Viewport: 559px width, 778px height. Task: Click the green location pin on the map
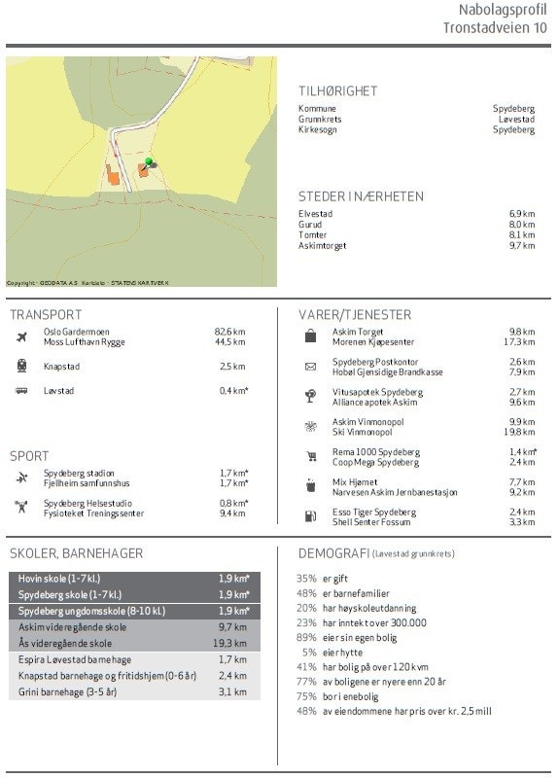(149, 162)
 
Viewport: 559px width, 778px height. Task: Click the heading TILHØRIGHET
(337, 91)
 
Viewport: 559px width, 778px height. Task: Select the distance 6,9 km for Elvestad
(522, 214)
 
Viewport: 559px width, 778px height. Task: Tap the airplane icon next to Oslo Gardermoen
(21, 336)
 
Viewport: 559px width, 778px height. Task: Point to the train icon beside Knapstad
(21, 367)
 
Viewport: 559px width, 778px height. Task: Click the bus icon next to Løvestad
(21, 391)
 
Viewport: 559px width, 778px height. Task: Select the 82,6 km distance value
(229, 332)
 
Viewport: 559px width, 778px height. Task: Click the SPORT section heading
(29, 456)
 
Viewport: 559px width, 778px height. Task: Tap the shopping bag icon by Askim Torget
(310, 336)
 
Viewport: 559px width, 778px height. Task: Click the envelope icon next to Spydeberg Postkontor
(310, 367)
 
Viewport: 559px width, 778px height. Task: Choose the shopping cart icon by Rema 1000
(311, 457)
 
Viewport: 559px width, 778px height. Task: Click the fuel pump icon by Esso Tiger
(310, 516)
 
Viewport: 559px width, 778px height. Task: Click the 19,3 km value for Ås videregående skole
(230, 644)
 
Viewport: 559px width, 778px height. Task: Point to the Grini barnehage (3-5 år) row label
(67, 692)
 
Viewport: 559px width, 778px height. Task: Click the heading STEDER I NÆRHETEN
(361, 196)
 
